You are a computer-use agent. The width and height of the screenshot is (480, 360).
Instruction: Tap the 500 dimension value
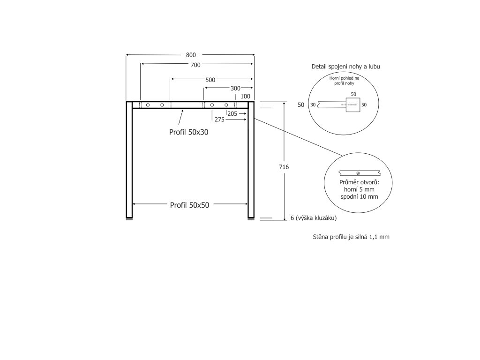pos(210,80)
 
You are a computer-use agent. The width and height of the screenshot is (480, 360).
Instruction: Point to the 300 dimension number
pos(235,88)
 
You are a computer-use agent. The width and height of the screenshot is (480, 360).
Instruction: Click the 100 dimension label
pos(245,97)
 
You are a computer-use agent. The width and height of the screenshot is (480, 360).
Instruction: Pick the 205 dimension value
pos(232,113)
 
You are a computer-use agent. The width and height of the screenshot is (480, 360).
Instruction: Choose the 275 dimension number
pos(219,120)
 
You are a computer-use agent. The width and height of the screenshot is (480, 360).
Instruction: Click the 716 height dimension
pos(283,167)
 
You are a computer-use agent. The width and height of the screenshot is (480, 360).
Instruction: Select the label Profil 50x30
pos(188,132)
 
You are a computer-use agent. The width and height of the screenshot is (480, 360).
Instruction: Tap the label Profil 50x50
pos(189,205)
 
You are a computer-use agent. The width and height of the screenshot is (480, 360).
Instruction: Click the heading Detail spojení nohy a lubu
pos(345,67)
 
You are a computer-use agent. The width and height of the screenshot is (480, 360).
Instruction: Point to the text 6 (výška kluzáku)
pos(314,218)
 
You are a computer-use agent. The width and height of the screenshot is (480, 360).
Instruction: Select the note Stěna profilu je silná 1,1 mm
pos(351,237)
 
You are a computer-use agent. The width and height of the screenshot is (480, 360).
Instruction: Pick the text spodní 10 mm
pos(359,197)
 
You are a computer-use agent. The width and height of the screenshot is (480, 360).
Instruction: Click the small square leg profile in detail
pos(352,105)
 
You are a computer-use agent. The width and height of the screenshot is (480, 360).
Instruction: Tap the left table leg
pos(129,159)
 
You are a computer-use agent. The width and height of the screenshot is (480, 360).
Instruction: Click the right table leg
pos(251,159)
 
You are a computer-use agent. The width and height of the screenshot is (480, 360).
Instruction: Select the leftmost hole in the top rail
pos(148,105)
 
